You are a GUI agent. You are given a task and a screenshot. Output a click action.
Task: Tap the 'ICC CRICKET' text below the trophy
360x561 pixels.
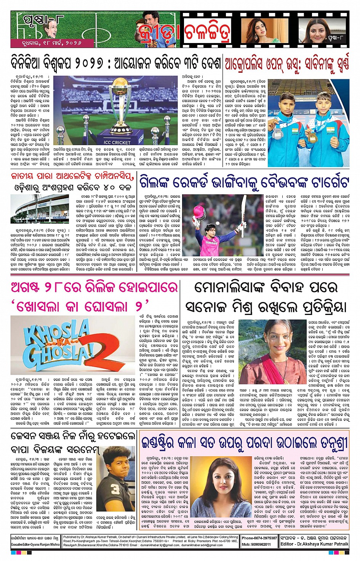117,142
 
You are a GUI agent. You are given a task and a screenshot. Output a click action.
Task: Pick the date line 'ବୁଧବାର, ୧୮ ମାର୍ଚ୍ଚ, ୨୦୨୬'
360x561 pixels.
46,43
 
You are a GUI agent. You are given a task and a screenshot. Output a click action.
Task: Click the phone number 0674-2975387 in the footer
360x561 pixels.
259,538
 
